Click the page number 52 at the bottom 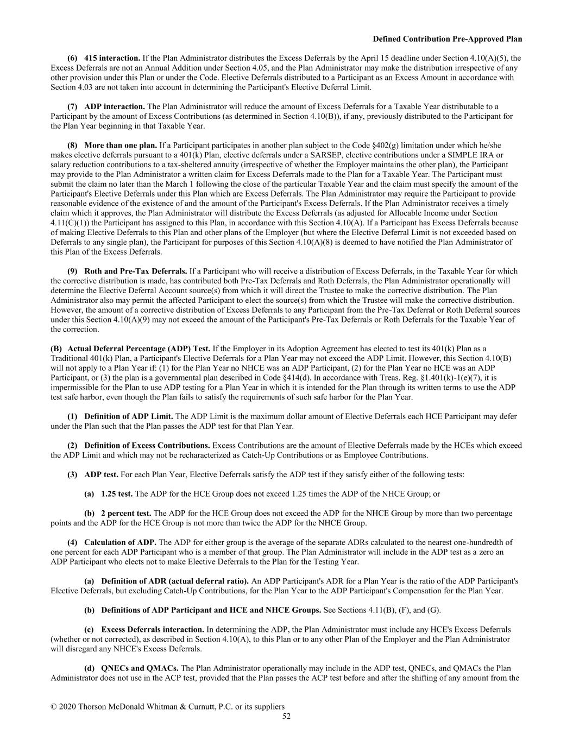pyautogui.click(x=286, y=716)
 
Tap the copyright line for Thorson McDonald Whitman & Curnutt pyautogui.click(x=167, y=706)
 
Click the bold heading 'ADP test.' pyautogui.click(x=101, y=474)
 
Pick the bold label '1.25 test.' pyautogui.click(x=117, y=493)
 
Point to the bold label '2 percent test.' pyautogui.click(x=126, y=513)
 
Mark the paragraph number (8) pyautogui.click(x=72, y=145)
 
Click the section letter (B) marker pyautogui.click(x=56, y=349)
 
